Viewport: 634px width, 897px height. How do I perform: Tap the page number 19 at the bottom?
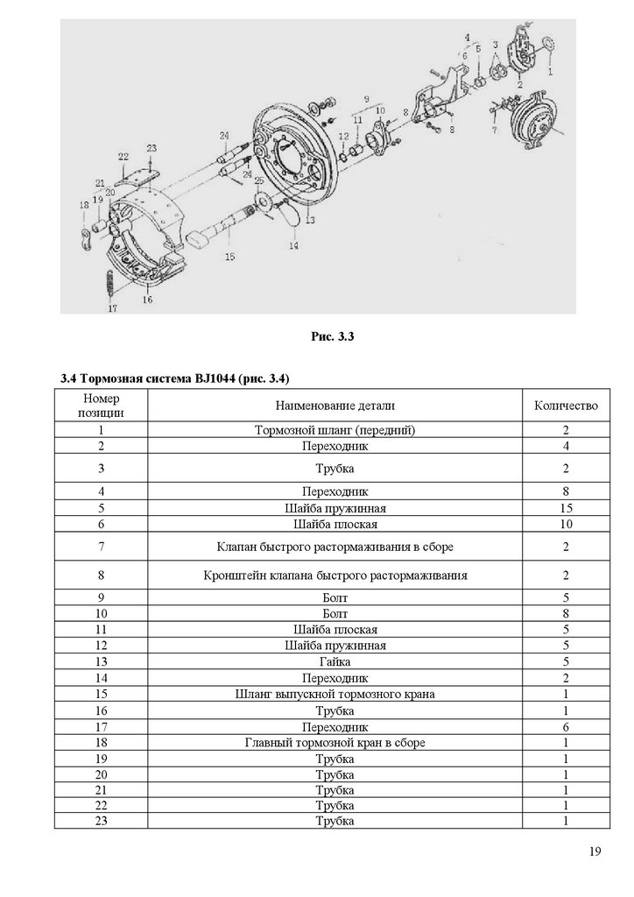coord(595,851)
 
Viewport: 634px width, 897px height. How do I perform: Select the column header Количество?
coord(565,406)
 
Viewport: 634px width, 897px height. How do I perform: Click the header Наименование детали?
coord(335,406)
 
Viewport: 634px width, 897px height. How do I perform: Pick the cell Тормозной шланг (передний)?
coord(335,430)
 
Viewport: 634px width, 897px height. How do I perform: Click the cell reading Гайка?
coord(335,661)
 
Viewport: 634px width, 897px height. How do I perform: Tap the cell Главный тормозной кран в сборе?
coord(335,742)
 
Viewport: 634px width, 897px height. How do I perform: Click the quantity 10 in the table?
coord(565,524)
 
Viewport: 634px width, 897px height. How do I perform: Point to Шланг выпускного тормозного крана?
coord(335,694)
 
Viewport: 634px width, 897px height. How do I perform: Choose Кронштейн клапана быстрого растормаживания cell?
coord(335,576)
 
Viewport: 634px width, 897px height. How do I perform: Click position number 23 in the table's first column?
coord(102,821)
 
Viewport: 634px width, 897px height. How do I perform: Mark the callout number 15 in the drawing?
coord(229,258)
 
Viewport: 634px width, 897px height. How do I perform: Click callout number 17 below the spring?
coord(112,309)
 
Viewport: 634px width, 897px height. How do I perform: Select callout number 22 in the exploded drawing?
coord(123,156)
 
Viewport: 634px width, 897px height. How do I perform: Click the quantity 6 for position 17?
coord(565,726)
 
